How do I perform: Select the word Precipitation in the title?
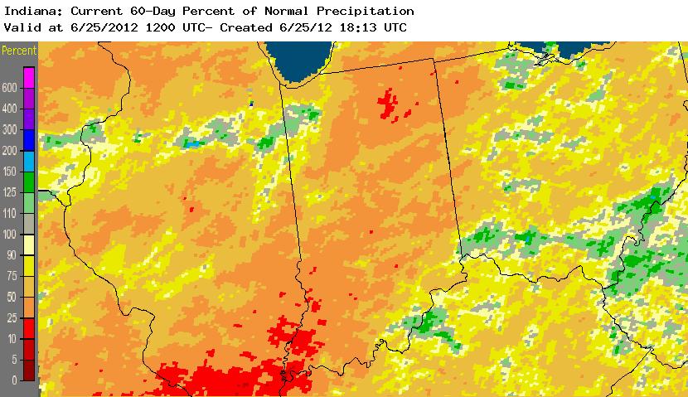[x=366, y=11]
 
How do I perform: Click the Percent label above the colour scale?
[x=19, y=51]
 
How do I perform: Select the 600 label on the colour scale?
[x=10, y=88]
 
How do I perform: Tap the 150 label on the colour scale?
[x=10, y=172]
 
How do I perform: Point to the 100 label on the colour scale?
[x=10, y=235]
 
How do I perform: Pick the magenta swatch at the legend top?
[x=29, y=77]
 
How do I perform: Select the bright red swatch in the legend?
[x=29, y=328]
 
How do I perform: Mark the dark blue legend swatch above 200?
[x=29, y=140]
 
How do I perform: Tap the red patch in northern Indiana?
[x=386, y=104]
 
